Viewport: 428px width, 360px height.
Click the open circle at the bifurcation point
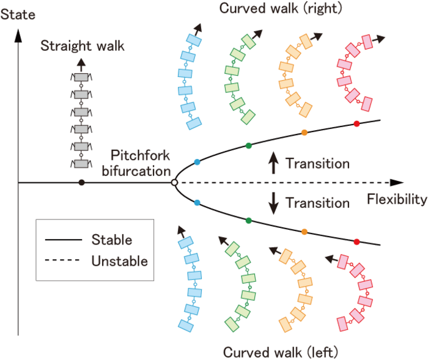[x=174, y=182]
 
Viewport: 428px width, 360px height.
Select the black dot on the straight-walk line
[x=81, y=182]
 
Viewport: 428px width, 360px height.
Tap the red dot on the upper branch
[x=356, y=124]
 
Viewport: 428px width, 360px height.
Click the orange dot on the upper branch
[x=304, y=133]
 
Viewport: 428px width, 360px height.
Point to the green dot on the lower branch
[x=248, y=220]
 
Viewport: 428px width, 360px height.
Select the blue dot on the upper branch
[x=196, y=162]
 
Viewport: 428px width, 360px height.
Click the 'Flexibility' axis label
[x=396, y=199]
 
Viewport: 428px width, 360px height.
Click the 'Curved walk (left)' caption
[x=273, y=352]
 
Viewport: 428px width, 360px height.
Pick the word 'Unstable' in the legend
[x=119, y=261]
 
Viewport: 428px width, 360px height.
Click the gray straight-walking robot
[x=81, y=120]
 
